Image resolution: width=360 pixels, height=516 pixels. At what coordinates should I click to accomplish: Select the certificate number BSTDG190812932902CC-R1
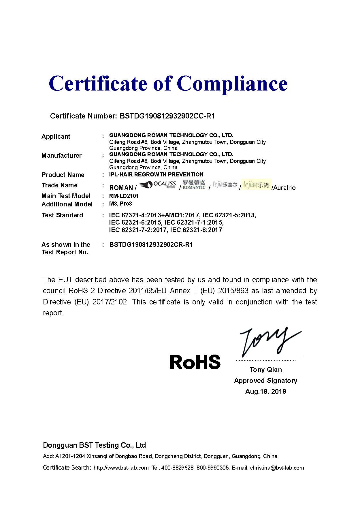tap(167, 116)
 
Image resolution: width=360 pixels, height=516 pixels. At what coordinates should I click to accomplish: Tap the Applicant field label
tap(56, 136)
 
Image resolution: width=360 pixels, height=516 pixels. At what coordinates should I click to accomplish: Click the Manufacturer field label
tap(61, 156)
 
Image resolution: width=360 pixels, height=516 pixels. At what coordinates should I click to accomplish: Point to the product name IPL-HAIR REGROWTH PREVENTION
tap(156, 174)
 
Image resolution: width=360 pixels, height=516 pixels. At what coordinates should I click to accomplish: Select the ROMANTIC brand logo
tap(194, 185)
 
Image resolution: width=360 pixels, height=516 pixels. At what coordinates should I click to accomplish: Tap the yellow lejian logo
tap(256, 185)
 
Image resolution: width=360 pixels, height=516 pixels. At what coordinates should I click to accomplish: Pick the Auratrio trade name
tap(284, 188)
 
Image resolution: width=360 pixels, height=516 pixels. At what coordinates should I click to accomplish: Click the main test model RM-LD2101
tap(124, 196)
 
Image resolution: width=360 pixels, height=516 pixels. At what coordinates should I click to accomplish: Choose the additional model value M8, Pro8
tap(120, 204)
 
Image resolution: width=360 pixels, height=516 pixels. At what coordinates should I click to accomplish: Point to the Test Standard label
tap(62, 215)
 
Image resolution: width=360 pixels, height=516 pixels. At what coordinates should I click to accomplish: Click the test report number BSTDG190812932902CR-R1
tap(151, 245)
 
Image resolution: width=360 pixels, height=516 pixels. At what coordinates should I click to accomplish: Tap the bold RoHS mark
tap(195, 362)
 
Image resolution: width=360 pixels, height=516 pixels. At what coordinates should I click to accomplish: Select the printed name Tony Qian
tap(266, 370)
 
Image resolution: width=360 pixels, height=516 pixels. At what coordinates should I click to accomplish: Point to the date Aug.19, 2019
tap(265, 391)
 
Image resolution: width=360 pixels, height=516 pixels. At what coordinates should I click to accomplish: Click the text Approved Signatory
tap(265, 381)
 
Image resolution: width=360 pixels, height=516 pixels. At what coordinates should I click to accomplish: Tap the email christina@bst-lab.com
tap(277, 468)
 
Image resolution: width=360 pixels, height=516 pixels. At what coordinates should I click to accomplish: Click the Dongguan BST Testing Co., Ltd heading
tap(94, 445)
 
